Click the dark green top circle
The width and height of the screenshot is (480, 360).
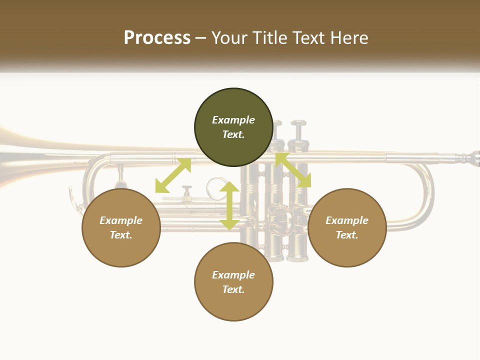233,127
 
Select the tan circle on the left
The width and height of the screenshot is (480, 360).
121,227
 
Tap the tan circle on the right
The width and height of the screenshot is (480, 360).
347,227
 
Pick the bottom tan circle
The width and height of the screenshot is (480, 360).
233,282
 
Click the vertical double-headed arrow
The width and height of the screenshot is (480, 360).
229,205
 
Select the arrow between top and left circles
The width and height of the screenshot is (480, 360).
173,175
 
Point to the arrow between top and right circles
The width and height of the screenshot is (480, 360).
293,170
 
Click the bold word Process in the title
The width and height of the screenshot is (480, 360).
157,37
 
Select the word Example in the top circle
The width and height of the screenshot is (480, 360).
233,120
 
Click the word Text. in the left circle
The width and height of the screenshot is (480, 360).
121,235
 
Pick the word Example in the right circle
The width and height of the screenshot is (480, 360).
347,220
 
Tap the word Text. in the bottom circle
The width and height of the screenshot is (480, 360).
233,289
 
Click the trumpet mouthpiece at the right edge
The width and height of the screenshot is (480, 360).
472,158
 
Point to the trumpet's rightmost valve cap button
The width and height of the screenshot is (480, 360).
298,123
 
